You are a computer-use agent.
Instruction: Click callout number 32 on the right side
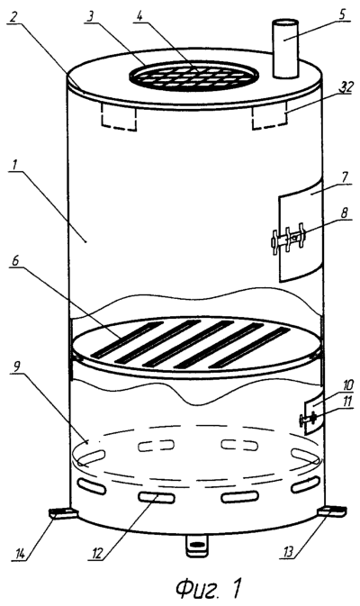point(346,86)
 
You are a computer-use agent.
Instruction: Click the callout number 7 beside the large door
point(345,177)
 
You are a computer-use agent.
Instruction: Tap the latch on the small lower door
point(308,419)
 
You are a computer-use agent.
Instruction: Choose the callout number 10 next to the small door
point(346,384)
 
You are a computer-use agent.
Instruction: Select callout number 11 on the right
point(346,401)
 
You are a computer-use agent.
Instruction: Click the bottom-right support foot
point(332,511)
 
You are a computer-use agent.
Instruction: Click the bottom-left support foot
point(63,513)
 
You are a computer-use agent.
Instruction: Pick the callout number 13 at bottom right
point(287,551)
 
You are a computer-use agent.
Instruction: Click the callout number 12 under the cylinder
point(97,553)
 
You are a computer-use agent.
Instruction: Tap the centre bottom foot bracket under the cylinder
point(197,546)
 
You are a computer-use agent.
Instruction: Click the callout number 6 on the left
point(14,261)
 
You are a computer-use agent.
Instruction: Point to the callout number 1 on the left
point(14,167)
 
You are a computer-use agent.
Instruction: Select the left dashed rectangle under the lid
point(118,117)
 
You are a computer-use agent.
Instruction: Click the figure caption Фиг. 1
point(209,588)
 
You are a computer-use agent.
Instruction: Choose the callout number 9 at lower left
point(15,367)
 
